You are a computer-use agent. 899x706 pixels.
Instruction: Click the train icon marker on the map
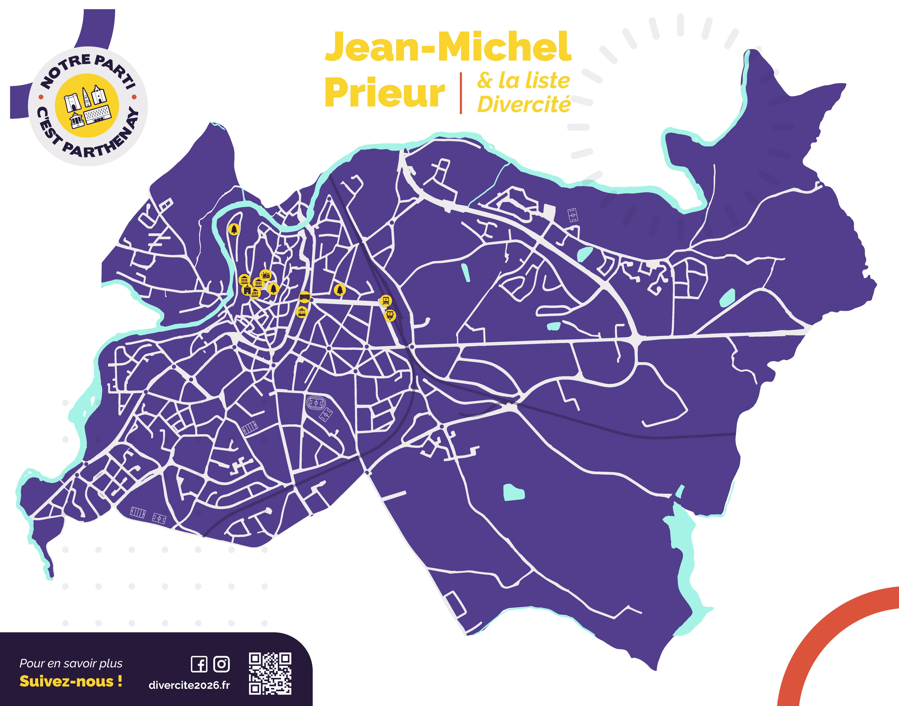point(386,300)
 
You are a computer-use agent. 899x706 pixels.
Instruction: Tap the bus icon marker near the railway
point(390,316)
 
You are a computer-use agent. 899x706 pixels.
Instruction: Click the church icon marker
point(247,290)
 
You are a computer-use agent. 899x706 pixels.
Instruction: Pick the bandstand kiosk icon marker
point(302,312)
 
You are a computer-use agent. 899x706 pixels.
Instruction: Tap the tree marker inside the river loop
point(234,229)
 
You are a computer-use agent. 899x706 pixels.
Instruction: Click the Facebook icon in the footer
point(199,664)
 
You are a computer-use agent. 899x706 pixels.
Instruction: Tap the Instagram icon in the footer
point(221,664)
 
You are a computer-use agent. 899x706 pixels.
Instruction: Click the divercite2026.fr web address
point(189,685)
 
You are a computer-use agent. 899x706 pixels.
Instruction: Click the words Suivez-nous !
point(71,681)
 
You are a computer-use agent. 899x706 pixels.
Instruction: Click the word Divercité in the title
point(524,104)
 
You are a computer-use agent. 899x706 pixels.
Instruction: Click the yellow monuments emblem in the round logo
point(87,106)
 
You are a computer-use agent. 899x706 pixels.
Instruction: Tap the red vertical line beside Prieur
point(461,93)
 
